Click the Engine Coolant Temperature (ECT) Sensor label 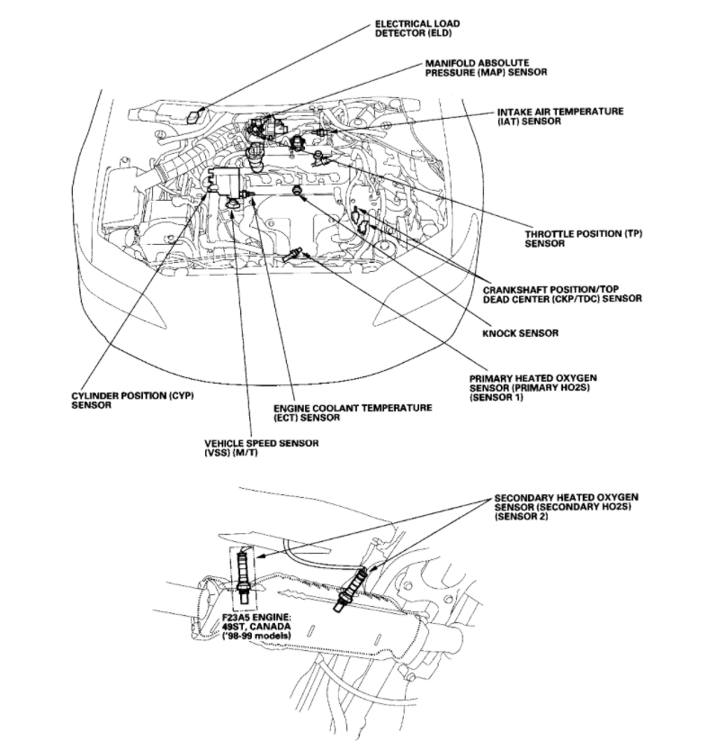tap(353, 412)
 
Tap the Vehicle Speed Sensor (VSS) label tap(260, 447)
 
